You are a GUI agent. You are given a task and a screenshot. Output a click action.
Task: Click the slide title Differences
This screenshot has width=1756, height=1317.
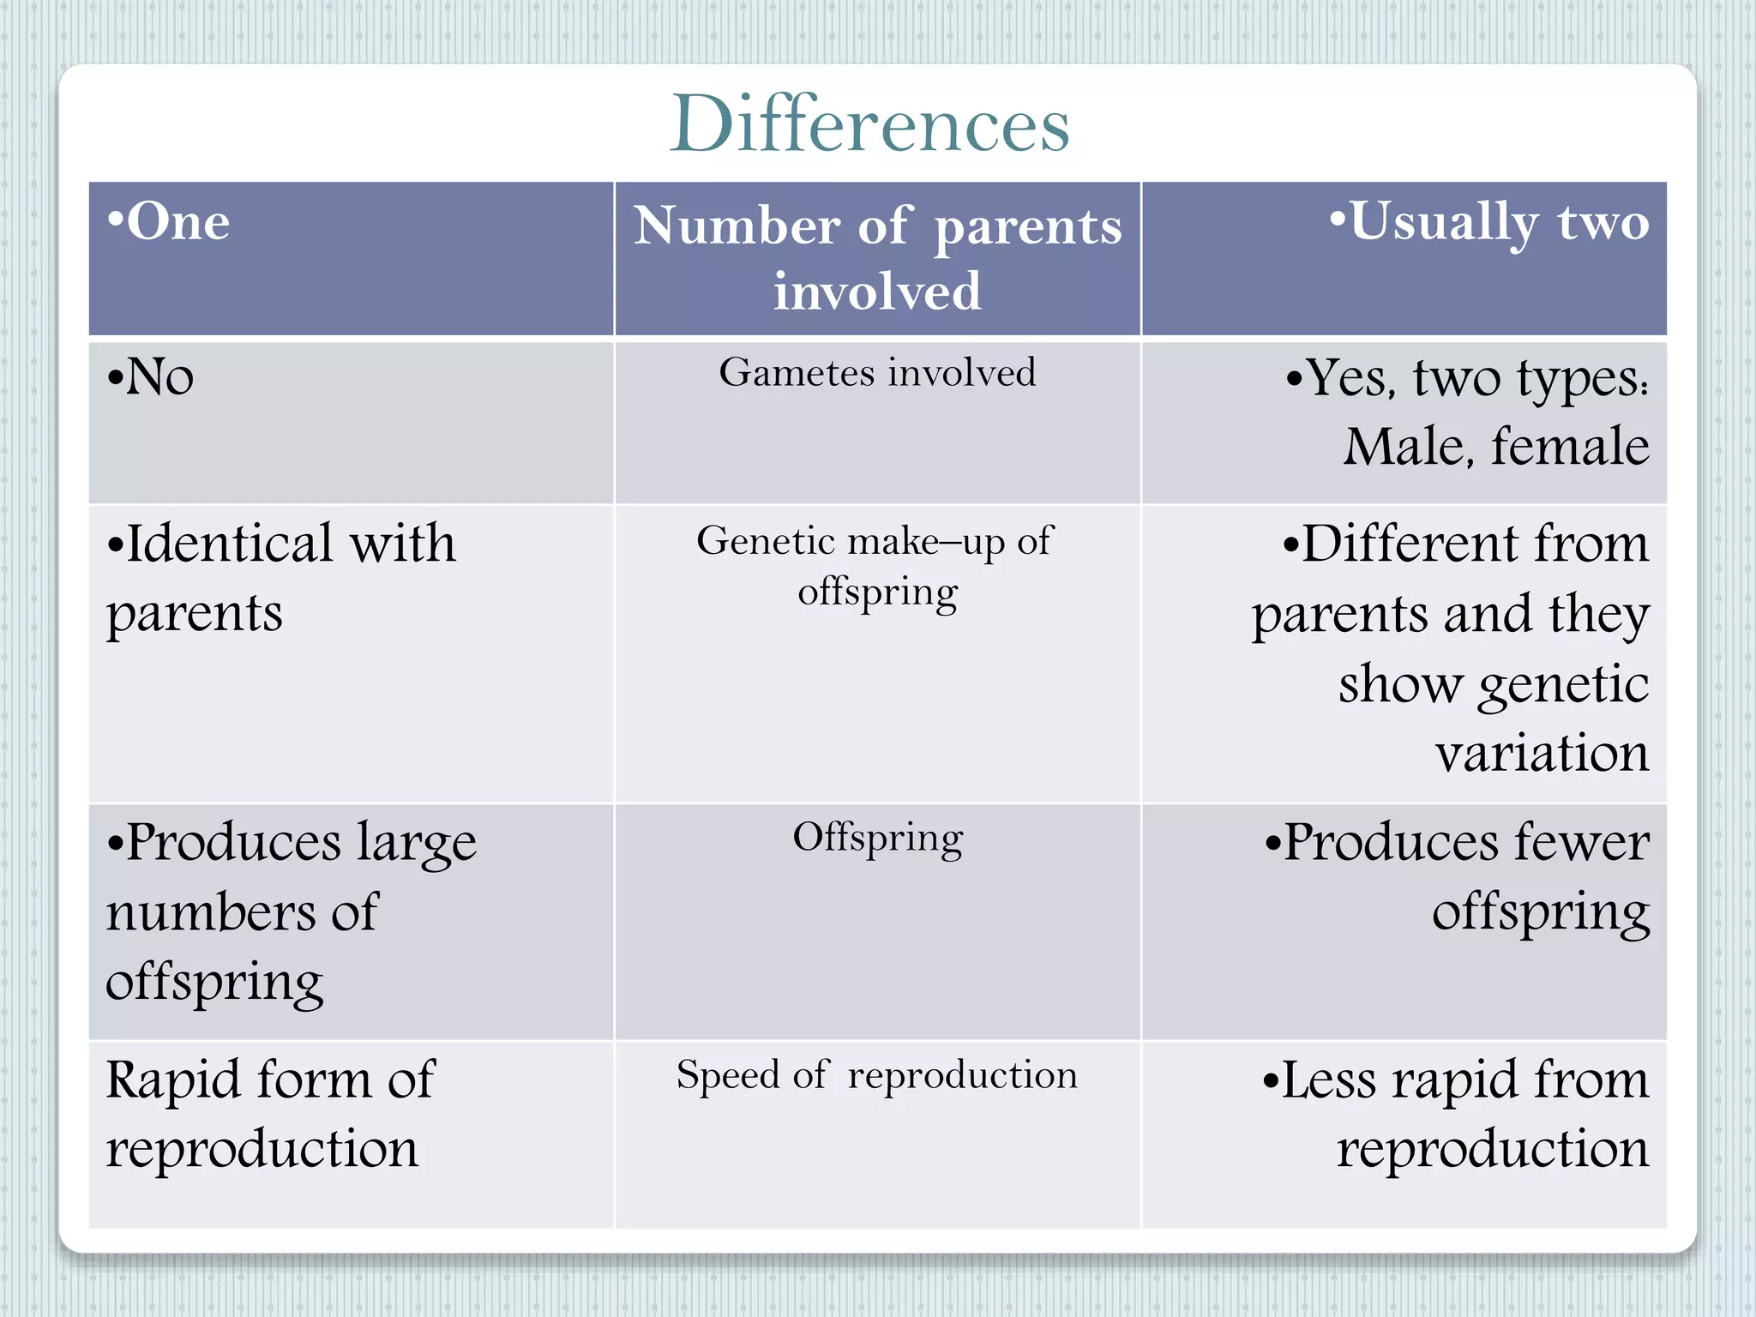[869, 125]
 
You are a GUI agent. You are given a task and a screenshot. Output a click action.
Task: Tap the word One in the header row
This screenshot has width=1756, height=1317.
[177, 222]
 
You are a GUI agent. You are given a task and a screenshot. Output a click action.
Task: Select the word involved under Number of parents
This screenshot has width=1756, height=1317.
[877, 292]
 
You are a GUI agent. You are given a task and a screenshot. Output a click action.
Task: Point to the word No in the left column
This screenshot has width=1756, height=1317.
[159, 377]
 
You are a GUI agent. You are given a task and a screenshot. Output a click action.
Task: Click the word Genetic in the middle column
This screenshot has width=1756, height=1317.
[766, 541]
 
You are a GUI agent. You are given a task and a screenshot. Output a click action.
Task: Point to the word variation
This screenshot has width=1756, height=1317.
[1542, 754]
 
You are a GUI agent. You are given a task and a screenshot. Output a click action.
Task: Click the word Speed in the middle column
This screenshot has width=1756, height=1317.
[727, 1076]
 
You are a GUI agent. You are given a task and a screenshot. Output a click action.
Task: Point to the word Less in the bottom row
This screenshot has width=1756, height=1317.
[1328, 1079]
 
